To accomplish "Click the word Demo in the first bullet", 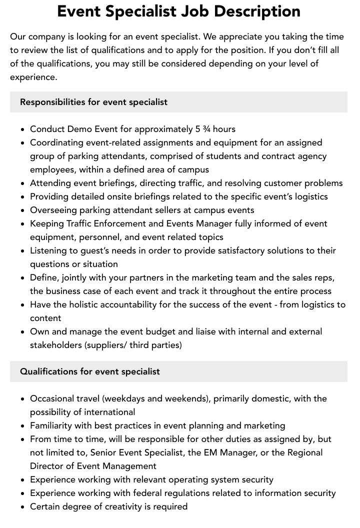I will point(80,129).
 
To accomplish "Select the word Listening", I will point(49,250).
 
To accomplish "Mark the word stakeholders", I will point(56,345).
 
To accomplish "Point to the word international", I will point(110,412).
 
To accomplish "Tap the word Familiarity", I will point(53,425).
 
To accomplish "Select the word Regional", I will point(304,452).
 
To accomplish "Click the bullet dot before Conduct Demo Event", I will point(23,129).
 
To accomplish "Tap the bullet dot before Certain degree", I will point(23,507).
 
